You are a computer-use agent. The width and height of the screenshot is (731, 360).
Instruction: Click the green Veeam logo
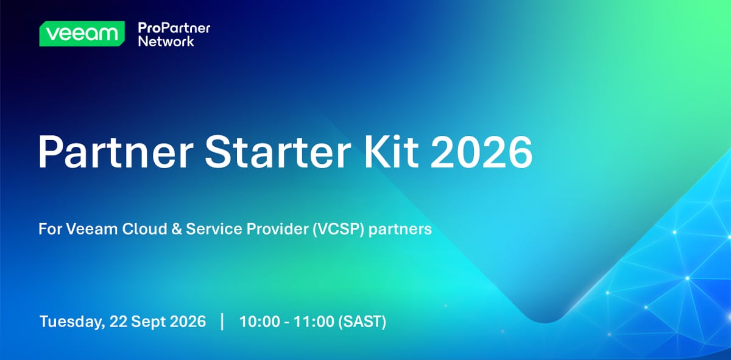[x=82, y=34]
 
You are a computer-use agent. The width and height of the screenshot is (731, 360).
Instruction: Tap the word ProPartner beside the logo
[x=174, y=28]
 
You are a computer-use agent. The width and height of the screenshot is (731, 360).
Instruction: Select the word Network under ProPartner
[x=166, y=41]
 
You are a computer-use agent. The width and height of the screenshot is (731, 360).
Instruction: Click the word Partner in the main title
[x=116, y=152]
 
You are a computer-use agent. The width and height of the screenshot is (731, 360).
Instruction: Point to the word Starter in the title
[x=278, y=152]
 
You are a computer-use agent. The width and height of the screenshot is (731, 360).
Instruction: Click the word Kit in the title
[x=391, y=152]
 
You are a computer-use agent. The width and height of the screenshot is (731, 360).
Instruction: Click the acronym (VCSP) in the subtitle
[x=338, y=229]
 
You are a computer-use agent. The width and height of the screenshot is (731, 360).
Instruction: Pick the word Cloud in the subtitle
[x=144, y=229]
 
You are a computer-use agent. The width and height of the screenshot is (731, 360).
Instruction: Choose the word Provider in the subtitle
[x=277, y=229]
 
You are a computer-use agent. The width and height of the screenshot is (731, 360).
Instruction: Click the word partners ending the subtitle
[x=400, y=230]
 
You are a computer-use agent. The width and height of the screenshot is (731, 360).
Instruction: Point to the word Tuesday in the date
[x=72, y=322]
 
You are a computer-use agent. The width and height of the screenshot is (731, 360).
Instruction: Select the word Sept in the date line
[x=149, y=322]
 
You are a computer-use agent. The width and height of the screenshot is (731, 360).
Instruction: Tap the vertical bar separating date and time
[x=222, y=322]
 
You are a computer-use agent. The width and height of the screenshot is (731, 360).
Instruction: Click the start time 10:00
[x=260, y=322]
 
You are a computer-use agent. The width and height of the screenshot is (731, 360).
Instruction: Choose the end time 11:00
[x=314, y=322]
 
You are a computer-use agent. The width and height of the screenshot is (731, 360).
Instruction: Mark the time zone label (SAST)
[x=362, y=322]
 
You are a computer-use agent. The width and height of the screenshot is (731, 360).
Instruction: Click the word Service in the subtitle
[x=214, y=229]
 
